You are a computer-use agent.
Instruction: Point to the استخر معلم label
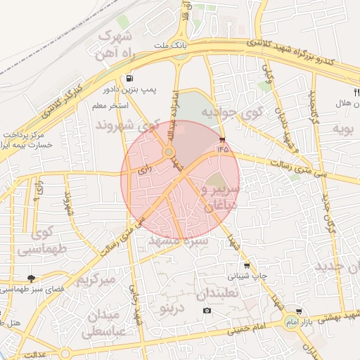click(108, 105)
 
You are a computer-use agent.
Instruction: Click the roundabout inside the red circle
click(169, 152)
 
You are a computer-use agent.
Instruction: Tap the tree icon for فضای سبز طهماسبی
click(31, 278)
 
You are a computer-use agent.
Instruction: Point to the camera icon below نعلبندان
click(207, 310)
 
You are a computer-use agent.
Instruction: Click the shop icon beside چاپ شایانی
click(246, 265)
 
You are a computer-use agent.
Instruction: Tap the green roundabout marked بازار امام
click(290, 322)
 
